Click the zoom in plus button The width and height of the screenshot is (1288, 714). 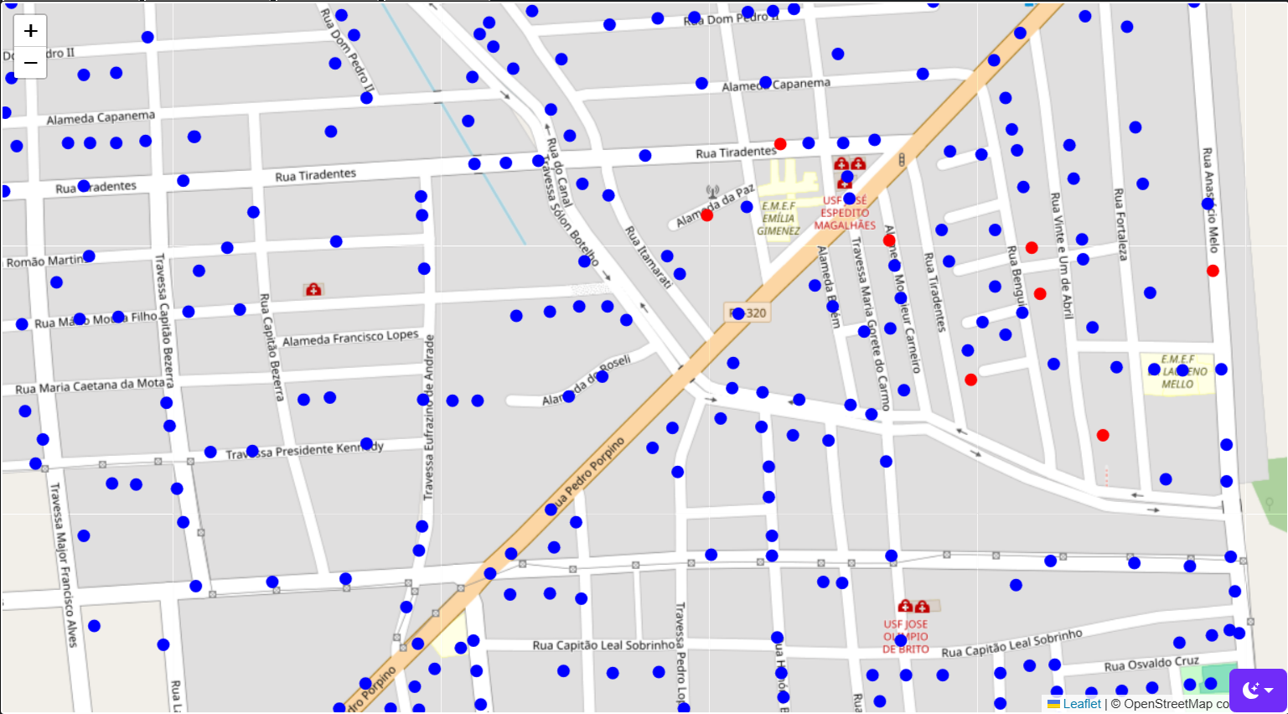point(30,31)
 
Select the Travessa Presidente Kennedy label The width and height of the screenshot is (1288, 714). point(304,451)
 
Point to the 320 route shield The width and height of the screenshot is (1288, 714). point(747,313)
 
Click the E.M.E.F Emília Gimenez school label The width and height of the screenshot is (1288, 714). point(778,218)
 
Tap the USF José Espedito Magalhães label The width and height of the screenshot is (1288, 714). point(845,213)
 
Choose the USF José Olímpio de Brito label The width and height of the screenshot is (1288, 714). point(905,636)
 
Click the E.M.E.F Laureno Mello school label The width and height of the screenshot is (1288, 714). point(1177,371)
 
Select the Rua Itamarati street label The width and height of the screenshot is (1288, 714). point(649,257)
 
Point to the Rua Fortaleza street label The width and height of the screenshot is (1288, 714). point(1120,224)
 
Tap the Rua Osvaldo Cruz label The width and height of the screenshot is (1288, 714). point(1151,665)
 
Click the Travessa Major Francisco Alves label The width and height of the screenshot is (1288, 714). point(63,564)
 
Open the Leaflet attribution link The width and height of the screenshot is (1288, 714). point(1082,704)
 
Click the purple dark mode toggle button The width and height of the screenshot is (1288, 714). point(1257,691)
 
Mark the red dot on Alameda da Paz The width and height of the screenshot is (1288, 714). point(706,215)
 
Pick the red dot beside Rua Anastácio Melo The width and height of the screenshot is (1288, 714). point(1213,271)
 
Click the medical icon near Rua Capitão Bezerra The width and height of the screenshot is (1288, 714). point(313,290)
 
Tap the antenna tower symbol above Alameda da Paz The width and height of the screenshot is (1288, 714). point(712,192)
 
